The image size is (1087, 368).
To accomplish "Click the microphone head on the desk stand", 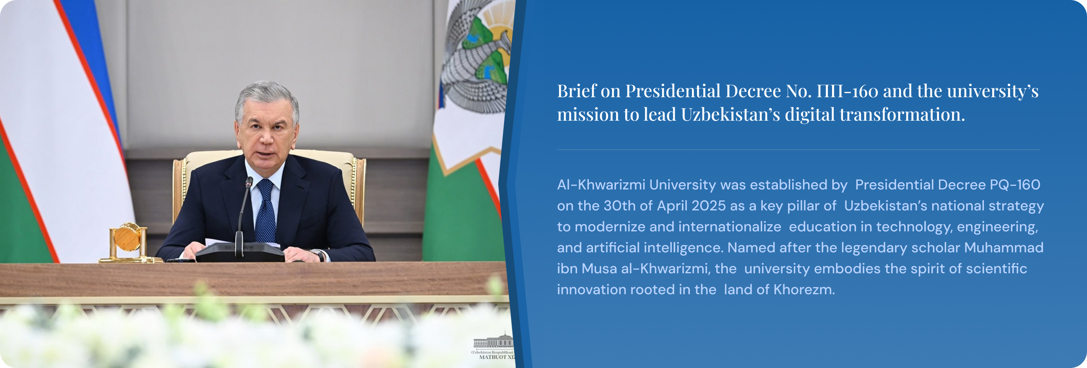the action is tap(249, 182).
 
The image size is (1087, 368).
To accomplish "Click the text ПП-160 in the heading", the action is tap(847, 91).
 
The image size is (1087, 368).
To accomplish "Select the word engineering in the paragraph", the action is tap(997, 227).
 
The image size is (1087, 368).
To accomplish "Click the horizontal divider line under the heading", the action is tap(798, 150).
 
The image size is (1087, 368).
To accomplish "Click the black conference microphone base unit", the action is tap(240, 252).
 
